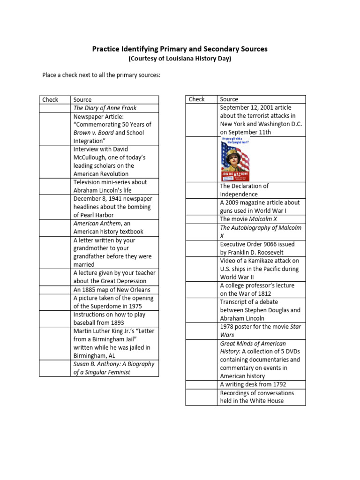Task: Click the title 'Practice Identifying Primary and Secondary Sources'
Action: click(180, 49)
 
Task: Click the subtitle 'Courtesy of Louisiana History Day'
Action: click(180, 59)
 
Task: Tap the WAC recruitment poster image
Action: click(235, 159)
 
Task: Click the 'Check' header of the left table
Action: click(50, 99)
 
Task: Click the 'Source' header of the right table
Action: click(229, 99)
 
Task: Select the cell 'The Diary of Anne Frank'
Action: click(105, 108)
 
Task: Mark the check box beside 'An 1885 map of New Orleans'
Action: click(54, 290)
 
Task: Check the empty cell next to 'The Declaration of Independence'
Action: click(201, 190)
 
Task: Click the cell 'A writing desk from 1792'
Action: click(253, 384)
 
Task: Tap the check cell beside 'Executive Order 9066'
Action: click(201, 248)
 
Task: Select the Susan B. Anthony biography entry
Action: click(114, 368)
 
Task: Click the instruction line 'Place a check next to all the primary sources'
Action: click(101, 75)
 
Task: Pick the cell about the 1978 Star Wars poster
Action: click(261, 331)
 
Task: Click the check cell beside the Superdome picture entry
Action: click(54, 302)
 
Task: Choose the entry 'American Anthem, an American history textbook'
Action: click(109, 227)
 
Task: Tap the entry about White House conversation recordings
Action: click(257, 397)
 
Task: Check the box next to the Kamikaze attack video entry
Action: click(201, 269)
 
